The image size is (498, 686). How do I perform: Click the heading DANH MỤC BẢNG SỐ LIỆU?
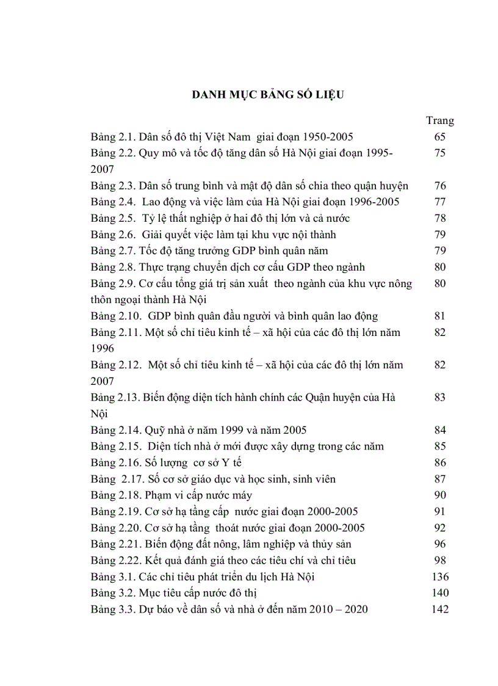[269, 95]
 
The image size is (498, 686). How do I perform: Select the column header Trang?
[439, 120]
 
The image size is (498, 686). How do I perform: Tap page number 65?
[439, 137]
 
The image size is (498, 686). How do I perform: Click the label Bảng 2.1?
[113, 137]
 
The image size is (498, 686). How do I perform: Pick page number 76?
[439, 186]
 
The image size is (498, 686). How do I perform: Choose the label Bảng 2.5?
[113, 218]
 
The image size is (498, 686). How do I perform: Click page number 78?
[439, 218]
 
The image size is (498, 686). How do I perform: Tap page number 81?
[439, 316]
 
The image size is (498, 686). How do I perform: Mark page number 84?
[439, 429]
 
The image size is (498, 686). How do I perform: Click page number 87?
[439, 479]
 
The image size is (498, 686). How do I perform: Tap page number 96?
[439, 544]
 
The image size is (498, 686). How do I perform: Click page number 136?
[439, 577]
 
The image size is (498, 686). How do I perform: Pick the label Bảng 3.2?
[113, 593]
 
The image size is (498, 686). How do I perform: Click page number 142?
[439, 609]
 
